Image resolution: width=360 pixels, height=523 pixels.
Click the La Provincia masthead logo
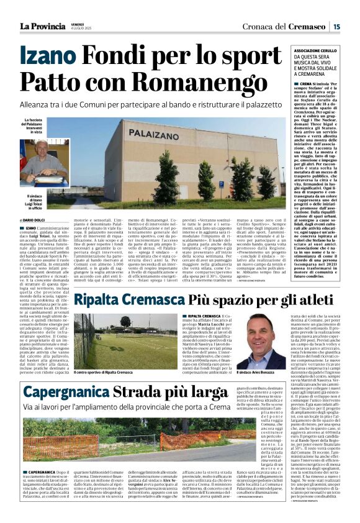coord(42,26)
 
